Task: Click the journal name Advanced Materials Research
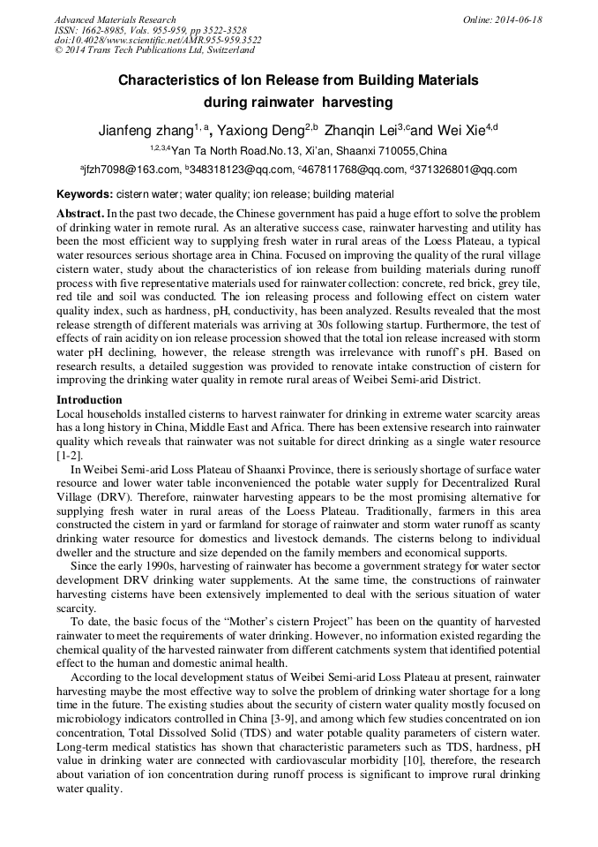coord(115,19)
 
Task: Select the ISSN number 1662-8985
coord(106,30)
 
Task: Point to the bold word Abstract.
coord(80,214)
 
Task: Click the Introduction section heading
coord(89,400)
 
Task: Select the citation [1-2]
coord(70,455)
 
